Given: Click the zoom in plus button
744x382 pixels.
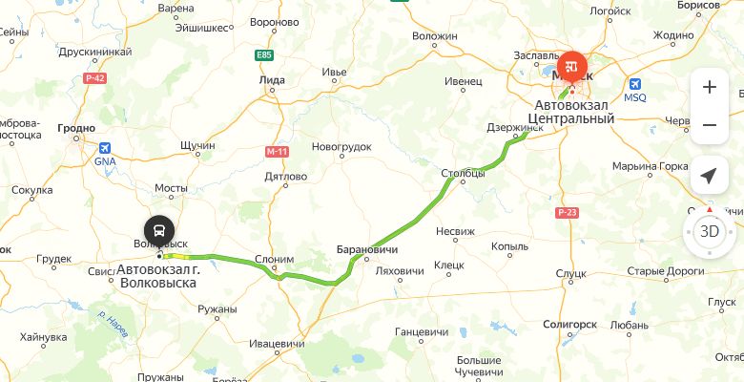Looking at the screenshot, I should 709,87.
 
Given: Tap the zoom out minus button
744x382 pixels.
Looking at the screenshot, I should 709,125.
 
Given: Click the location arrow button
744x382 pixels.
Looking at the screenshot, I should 709,176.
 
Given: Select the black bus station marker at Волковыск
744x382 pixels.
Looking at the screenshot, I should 159,231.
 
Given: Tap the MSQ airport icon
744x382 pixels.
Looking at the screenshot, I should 634,83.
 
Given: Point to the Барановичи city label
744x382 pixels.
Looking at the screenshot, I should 366,250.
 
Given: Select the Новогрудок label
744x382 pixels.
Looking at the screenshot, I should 341,146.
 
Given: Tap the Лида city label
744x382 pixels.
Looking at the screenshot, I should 272,81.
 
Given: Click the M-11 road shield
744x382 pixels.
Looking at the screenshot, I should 277,151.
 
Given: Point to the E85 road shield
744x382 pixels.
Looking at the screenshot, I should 264,55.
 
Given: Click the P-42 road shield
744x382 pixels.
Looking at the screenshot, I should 93,77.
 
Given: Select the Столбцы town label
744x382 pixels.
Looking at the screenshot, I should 464,173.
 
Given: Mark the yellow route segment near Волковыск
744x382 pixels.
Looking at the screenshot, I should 177,256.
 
